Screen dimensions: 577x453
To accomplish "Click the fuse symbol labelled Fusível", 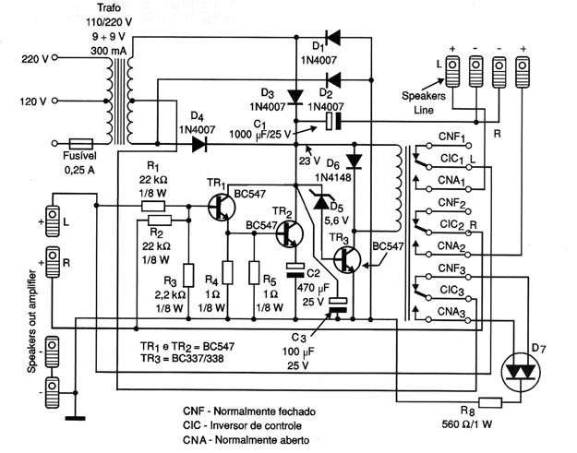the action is (x=81, y=144).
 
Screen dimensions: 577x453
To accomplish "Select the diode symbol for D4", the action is (x=199, y=144).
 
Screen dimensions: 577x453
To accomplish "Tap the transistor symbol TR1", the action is (x=222, y=207).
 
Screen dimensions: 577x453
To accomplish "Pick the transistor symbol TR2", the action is (x=290, y=233).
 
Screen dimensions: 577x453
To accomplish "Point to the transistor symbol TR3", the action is (x=347, y=260).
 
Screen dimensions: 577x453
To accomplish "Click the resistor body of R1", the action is (x=153, y=206).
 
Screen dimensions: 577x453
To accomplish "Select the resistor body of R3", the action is (x=188, y=275).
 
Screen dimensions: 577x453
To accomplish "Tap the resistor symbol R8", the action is (x=490, y=402).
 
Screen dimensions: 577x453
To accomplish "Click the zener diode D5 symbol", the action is (x=321, y=201).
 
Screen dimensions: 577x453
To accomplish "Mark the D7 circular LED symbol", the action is (x=521, y=372).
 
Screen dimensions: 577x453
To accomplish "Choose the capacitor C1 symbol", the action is (x=333, y=122).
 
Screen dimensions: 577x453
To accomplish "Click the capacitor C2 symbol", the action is (x=295, y=270).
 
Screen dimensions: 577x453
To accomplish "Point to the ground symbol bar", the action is (x=76, y=418).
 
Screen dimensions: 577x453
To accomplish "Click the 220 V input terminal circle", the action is (x=54, y=57).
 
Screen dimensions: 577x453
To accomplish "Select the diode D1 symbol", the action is (x=332, y=37).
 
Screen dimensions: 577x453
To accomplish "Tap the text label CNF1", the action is (x=451, y=137).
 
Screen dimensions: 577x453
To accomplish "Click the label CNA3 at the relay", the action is (x=451, y=312).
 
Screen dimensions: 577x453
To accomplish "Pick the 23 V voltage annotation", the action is (x=310, y=161).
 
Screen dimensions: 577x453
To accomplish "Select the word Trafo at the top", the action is (x=109, y=7).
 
